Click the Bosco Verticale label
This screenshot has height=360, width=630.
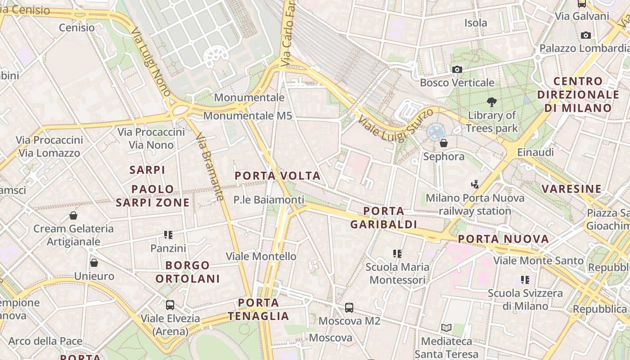pyautogui.click(x=457, y=83)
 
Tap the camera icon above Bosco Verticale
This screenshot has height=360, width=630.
pyautogui.click(x=457, y=69)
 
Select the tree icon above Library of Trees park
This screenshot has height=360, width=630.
pyautogui.click(x=491, y=102)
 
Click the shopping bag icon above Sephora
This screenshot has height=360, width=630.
pyautogui.click(x=444, y=143)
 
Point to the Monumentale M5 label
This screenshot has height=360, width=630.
pyautogui.click(x=247, y=116)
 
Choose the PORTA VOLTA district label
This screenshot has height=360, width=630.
pyautogui.click(x=278, y=176)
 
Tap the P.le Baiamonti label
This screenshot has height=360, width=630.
pyautogui.click(x=269, y=199)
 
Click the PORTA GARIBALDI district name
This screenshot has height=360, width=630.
pyautogui.click(x=383, y=217)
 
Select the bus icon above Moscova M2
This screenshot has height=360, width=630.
pyautogui.click(x=349, y=308)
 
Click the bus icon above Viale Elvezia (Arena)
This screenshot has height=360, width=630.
pyautogui.click(x=170, y=305)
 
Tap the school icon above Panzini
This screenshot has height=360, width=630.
pyautogui.click(x=168, y=234)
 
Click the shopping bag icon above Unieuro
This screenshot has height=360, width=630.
pyautogui.click(x=94, y=263)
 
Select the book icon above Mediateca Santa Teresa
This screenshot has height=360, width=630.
pyautogui.click(x=446, y=328)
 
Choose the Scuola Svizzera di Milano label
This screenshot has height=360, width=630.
pyautogui.click(x=525, y=300)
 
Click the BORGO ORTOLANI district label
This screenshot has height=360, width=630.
pyautogui.click(x=188, y=272)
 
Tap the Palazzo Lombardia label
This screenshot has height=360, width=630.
pyautogui.click(x=584, y=48)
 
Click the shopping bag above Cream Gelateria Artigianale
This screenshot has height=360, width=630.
pyautogui.click(x=73, y=216)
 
